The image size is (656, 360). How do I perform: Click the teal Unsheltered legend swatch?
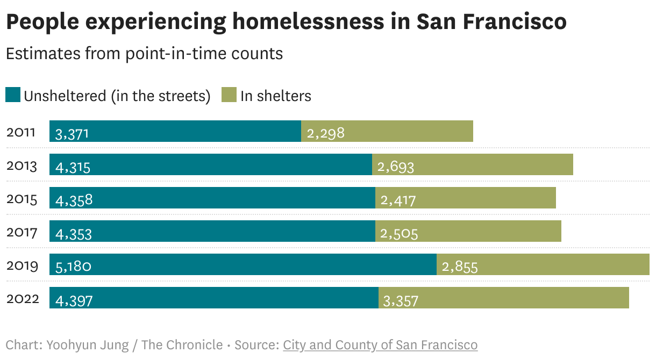[13, 95]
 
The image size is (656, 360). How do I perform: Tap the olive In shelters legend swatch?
[229, 95]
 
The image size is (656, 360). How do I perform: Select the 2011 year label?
[21, 132]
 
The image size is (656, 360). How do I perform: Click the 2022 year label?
[23, 299]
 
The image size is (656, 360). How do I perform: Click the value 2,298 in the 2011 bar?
[325, 133]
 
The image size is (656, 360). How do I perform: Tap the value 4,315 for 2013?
[73, 167]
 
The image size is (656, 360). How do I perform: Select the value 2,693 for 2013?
[396, 167]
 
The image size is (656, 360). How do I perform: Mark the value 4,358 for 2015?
[74, 200]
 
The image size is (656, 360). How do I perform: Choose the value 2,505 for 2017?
[399, 234]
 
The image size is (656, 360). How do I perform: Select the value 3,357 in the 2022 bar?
[400, 300]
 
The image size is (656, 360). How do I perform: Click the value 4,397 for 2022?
[74, 300]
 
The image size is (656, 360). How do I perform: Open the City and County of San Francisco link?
[380, 345]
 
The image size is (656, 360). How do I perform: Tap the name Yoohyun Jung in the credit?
[88, 345]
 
